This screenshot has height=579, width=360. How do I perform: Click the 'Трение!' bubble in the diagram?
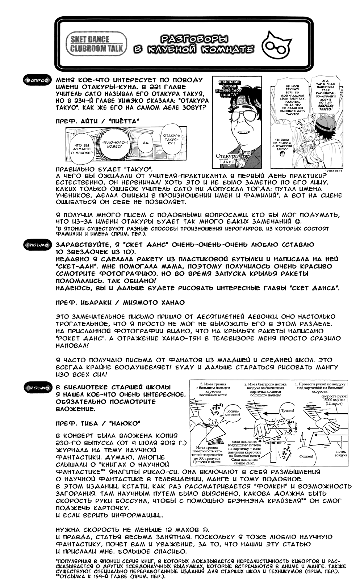click(287, 411)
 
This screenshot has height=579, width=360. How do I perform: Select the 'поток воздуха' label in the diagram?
click(340, 453)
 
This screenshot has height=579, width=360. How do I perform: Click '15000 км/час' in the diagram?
click(331, 400)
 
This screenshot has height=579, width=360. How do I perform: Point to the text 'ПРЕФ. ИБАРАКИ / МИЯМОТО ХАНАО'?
click(120, 302)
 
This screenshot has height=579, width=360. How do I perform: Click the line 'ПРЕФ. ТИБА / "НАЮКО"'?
click(98, 423)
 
